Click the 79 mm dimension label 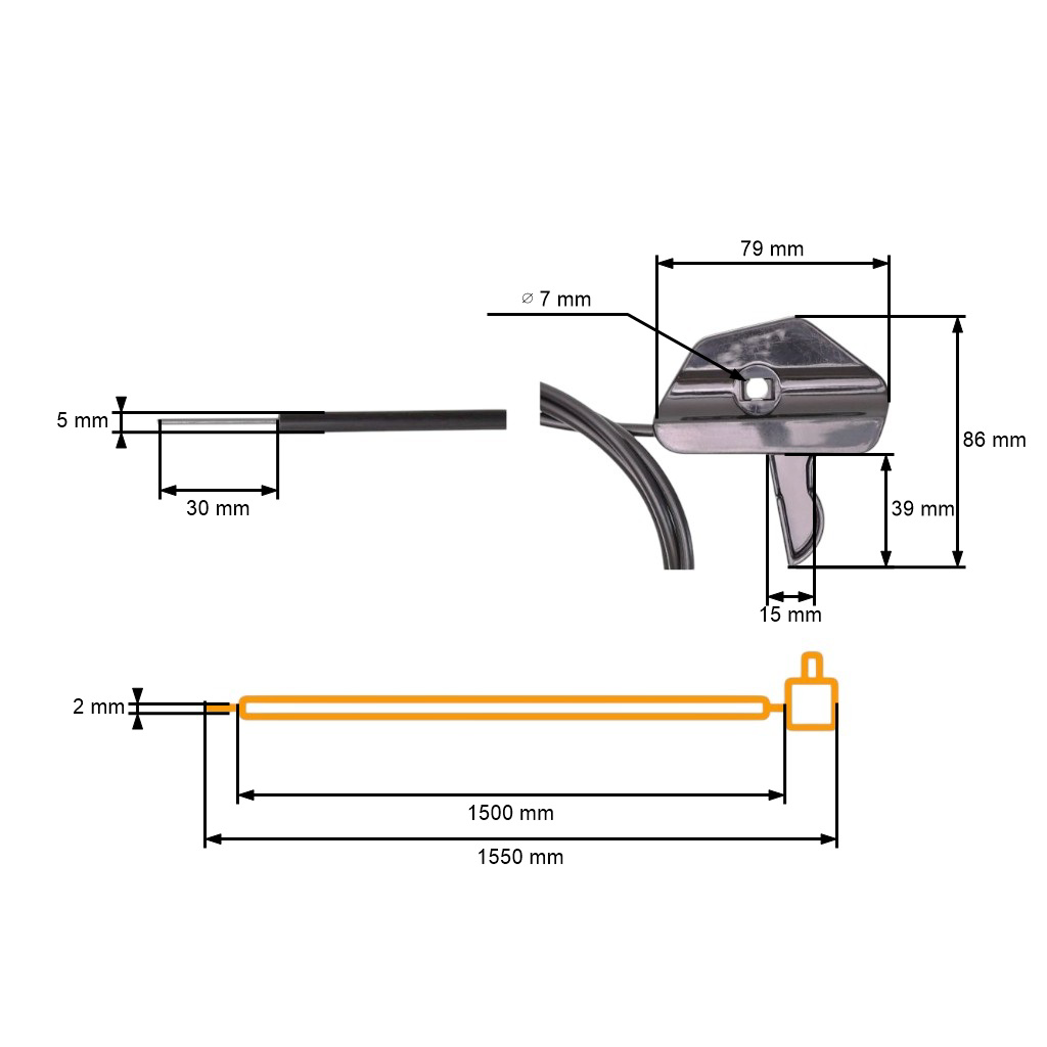pos(772,249)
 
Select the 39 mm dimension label pos(922,508)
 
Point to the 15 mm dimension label pos(790,615)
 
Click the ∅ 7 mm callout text pos(557,299)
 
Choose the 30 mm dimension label pos(218,508)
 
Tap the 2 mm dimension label pos(99,707)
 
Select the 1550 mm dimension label pos(520,857)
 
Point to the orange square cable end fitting pos(811,705)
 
